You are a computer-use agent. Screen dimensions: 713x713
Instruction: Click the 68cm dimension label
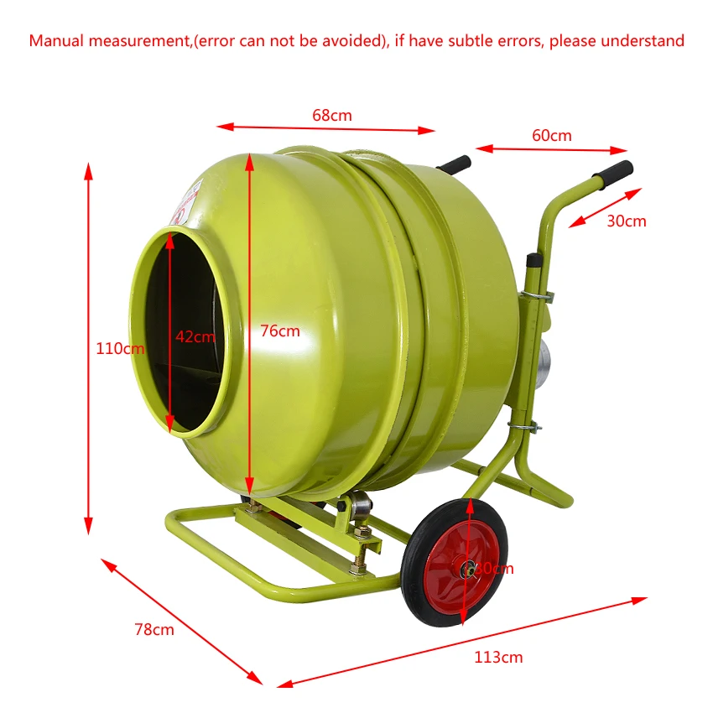(332, 116)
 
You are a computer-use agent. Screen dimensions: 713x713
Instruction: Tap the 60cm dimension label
(551, 135)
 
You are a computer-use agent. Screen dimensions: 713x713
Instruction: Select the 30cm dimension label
(627, 221)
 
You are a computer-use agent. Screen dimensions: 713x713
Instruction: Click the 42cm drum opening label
(195, 336)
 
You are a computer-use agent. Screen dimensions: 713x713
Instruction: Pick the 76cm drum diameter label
(279, 330)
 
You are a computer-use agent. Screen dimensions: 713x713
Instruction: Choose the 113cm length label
(498, 657)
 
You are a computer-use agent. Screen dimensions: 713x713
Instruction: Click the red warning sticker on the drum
(181, 210)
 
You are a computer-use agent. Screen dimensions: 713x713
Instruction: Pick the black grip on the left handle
(454, 164)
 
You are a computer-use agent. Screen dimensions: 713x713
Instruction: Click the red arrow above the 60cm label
(557, 150)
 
